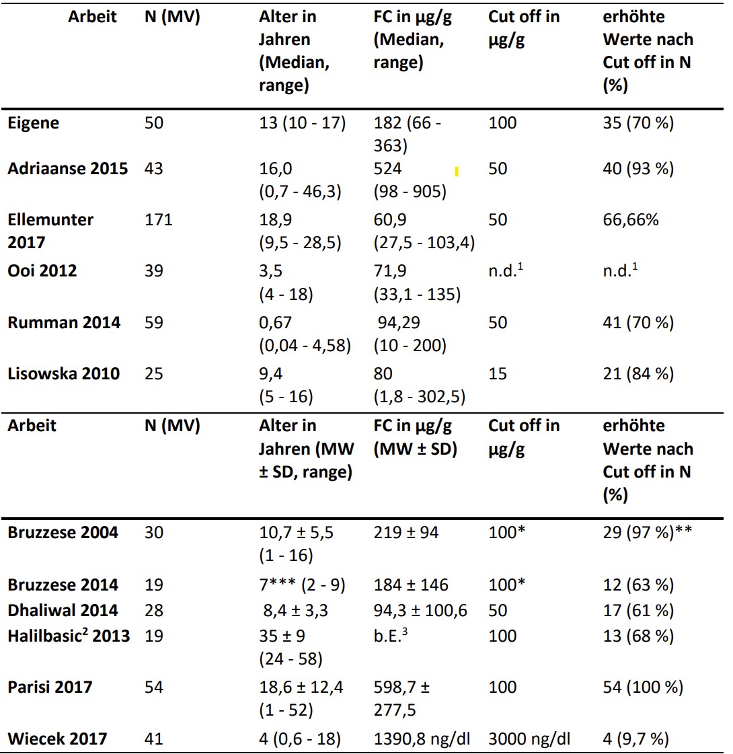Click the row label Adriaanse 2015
tap(68, 169)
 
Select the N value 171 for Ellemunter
tap(158, 220)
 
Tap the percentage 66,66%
tap(631, 220)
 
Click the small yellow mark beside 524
tap(457, 172)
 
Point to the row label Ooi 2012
tap(42, 271)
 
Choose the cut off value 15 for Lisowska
tap(498, 373)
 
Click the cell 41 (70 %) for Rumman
tap(638, 323)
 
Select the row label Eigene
tap(33, 124)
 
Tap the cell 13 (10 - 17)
tap(303, 123)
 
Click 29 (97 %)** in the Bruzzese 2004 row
tap(648, 532)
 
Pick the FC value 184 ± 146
tap(411, 585)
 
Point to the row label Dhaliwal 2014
tap(63, 610)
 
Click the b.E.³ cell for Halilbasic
tap(391, 635)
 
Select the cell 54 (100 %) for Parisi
tap(643, 687)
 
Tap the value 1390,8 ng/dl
tap(422, 739)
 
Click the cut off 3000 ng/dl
tap(529, 739)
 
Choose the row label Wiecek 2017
tap(57, 739)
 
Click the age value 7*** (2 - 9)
tap(303, 585)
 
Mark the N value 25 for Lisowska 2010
tap(154, 373)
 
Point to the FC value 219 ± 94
tap(406, 532)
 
